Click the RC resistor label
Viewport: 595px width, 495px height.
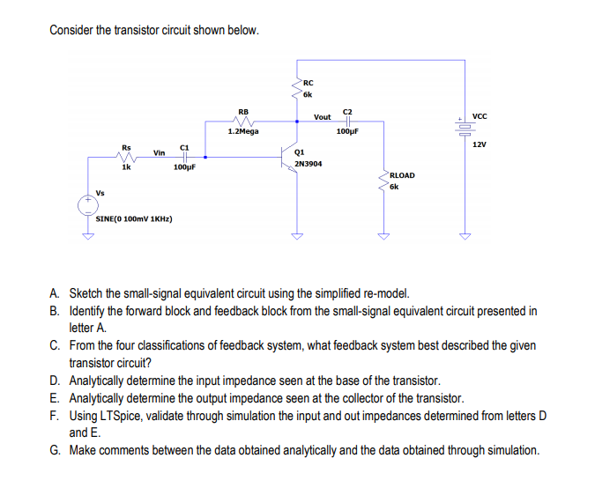point(308,84)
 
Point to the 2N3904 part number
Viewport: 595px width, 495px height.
point(309,164)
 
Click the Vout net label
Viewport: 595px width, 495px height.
point(323,116)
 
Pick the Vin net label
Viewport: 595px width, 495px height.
point(160,152)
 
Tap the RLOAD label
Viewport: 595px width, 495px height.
point(401,175)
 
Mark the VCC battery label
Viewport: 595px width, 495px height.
point(480,116)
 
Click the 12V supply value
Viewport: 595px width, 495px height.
point(480,143)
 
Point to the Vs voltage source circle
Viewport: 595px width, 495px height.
point(87,206)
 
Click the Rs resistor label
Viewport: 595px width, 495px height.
point(126,147)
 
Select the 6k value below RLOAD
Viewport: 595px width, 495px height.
point(395,187)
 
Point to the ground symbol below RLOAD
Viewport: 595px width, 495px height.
point(383,235)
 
